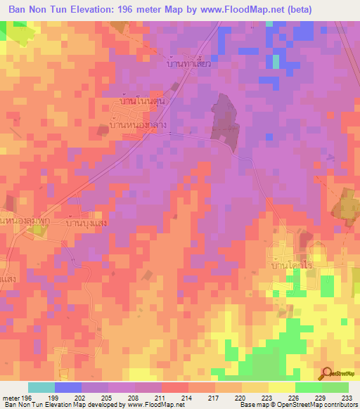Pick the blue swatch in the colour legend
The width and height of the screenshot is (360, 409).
point(68,387)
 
